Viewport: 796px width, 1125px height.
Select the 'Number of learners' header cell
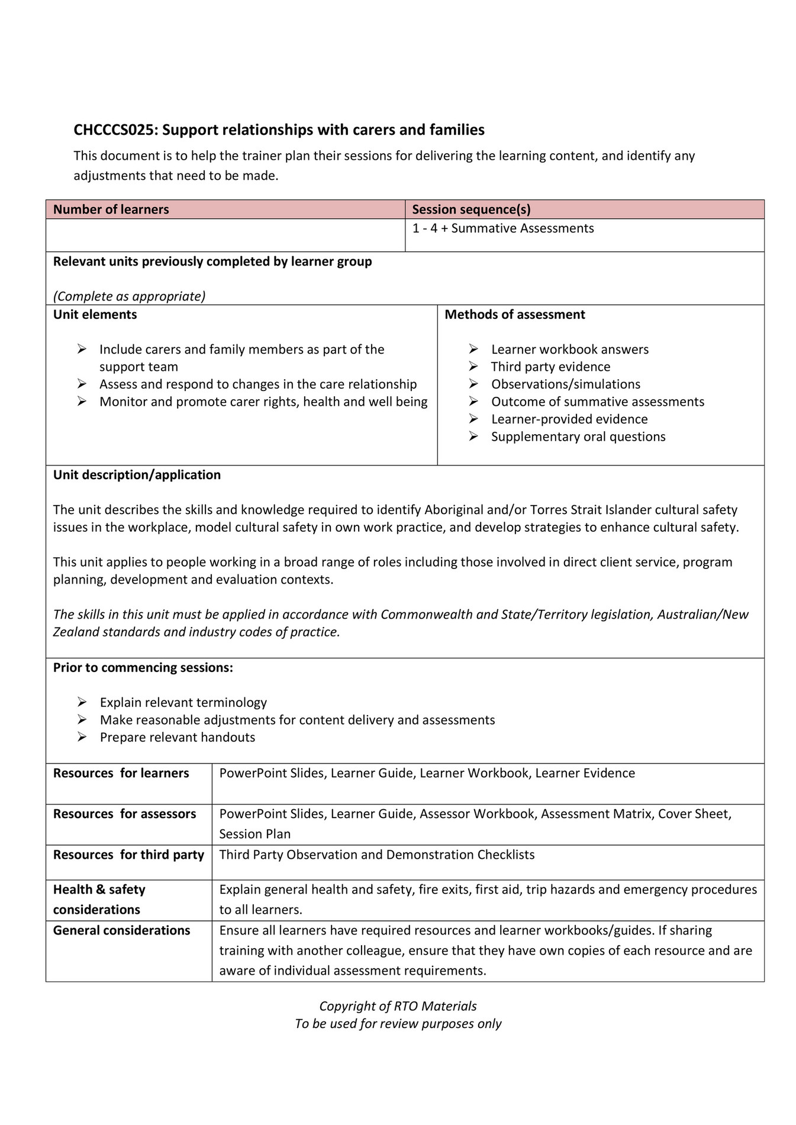pos(111,209)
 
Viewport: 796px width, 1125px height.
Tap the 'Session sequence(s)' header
pos(470,209)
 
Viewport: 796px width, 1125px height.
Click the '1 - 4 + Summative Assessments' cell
pos(502,228)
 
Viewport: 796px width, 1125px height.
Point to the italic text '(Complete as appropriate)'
pos(129,296)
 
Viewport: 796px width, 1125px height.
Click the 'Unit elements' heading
pos(95,315)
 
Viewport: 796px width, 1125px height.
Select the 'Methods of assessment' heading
pos(514,315)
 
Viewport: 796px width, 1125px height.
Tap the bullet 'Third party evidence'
pos(550,367)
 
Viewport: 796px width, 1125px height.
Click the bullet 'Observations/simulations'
pos(565,384)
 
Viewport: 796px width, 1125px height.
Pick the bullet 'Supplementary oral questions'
pos(578,437)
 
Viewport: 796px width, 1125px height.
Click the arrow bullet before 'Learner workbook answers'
pos(473,350)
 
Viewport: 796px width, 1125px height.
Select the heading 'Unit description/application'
pos(137,475)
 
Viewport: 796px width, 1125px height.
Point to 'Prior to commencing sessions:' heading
pos(143,668)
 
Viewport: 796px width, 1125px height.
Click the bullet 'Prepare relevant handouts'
pos(177,738)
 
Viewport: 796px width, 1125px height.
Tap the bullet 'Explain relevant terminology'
pos(183,703)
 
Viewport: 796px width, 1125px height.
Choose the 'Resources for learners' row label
pos(121,773)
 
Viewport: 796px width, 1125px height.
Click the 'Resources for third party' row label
pos(128,855)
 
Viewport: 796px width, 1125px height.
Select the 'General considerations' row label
pos(121,930)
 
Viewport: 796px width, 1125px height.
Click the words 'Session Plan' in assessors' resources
pos(254,834)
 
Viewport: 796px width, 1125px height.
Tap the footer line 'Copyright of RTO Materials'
pos(398,1006)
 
